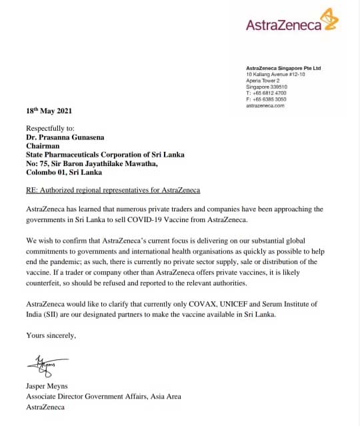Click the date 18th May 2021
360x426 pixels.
point(49,111)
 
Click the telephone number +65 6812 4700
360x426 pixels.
point(269,93)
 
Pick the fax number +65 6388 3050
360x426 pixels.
point(269,99)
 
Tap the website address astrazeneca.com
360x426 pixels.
point(265,105)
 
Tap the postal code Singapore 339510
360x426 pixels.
point(267,87)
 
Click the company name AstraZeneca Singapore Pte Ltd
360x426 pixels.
point(283,68)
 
